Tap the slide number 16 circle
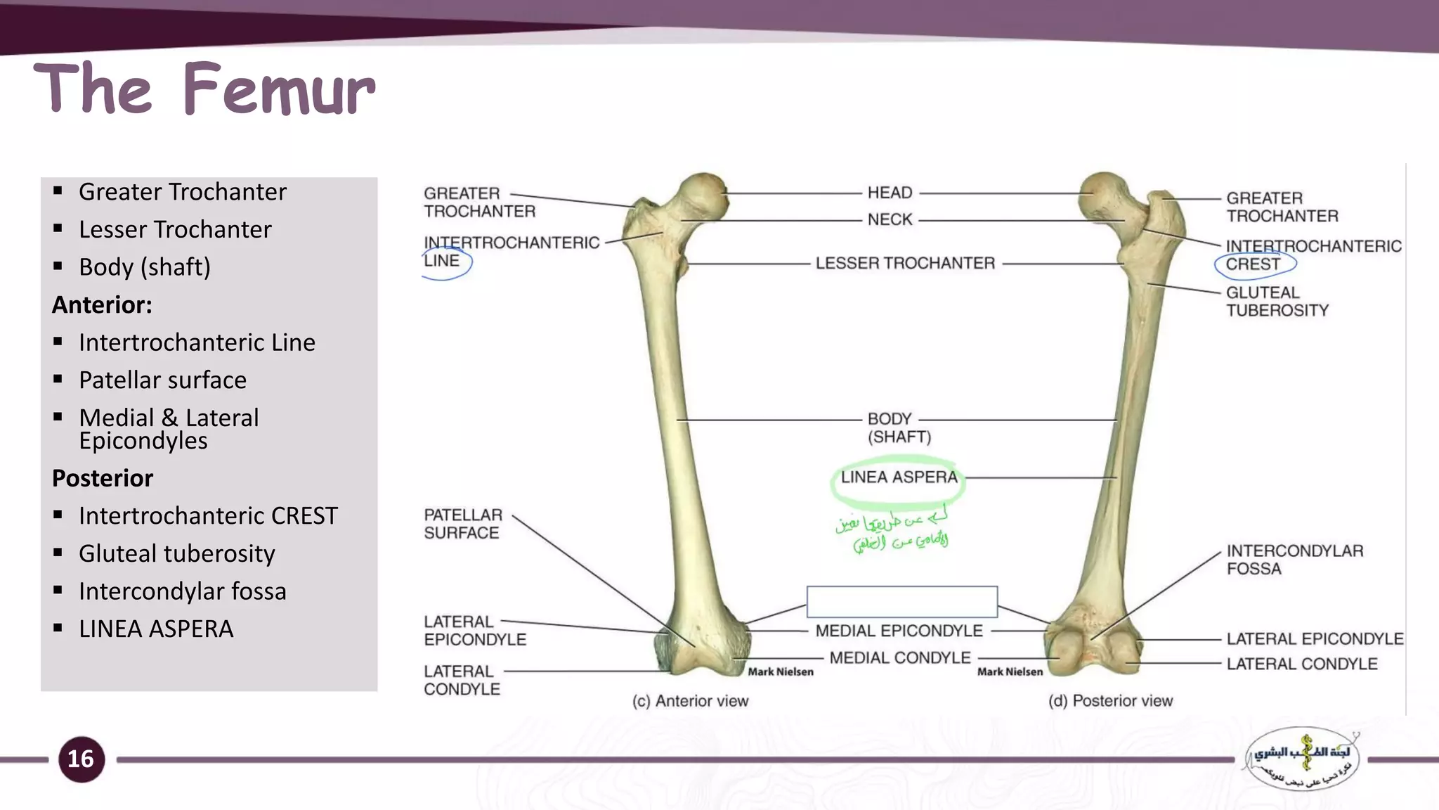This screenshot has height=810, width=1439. point(81,759)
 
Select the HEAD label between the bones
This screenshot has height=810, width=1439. point(890,193)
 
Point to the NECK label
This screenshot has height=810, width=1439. point(890,219)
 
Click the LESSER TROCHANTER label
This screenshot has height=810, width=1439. point(905,263)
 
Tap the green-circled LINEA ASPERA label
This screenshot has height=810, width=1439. point(899,477)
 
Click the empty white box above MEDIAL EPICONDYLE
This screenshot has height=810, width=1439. point(901,602)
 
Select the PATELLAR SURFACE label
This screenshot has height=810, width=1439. point(462,524)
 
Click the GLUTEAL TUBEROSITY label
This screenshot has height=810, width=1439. point(1276,301)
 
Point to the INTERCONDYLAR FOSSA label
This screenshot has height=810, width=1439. point(1294,560)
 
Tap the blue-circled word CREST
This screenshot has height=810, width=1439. point(1253,264)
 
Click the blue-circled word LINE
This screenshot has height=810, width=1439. point(442,261)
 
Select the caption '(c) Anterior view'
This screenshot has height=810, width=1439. point(690,701)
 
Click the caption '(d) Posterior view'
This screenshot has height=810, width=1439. point(1110,701)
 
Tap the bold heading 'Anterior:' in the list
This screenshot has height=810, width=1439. point(102,304)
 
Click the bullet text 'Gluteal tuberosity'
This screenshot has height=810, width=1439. point(176,553)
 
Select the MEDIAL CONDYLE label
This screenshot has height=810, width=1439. point(899,658)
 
